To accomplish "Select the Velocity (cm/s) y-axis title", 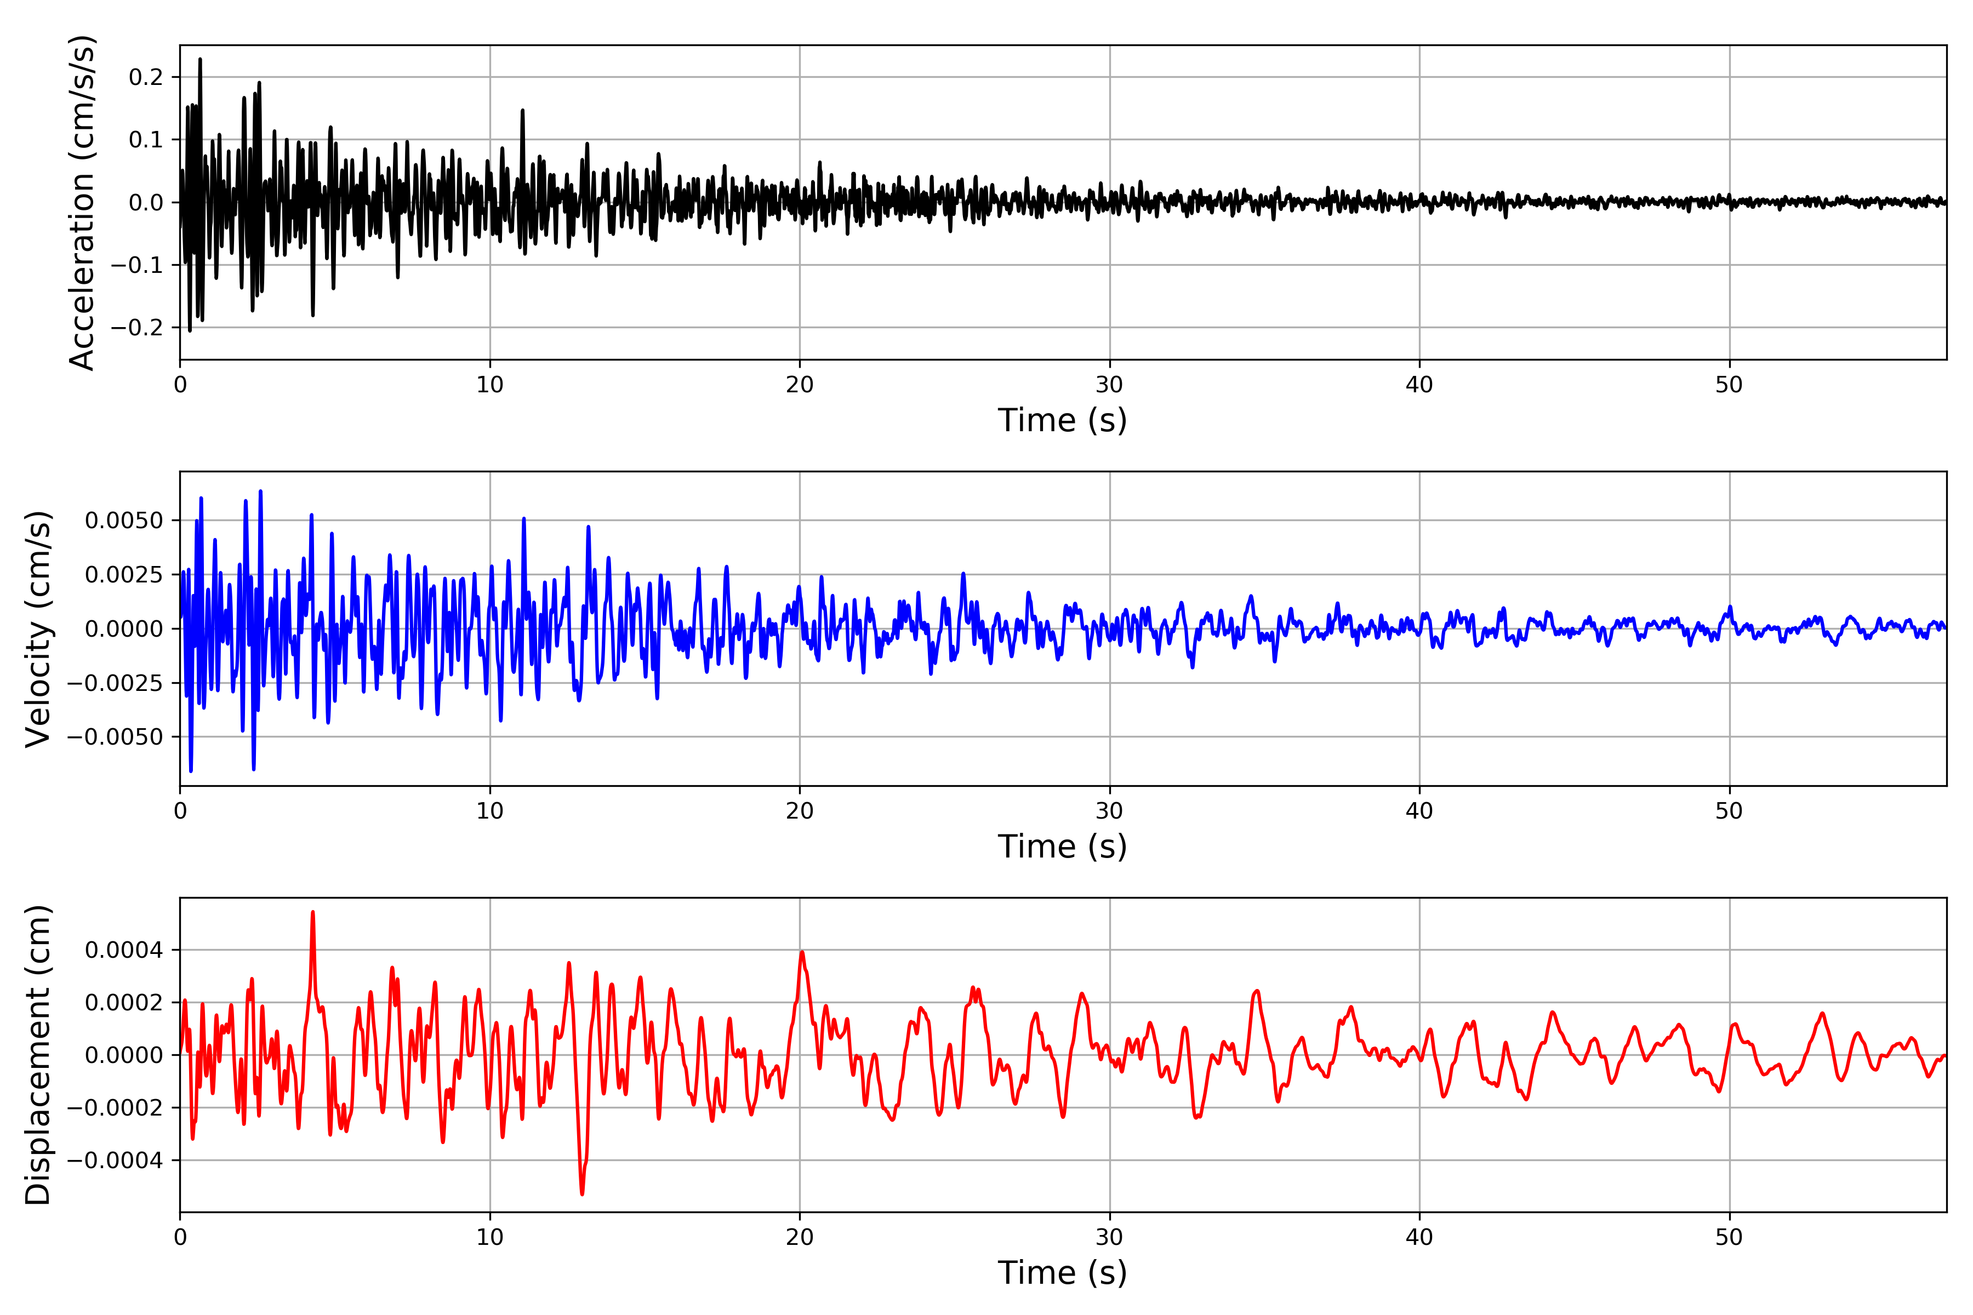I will [38, 628].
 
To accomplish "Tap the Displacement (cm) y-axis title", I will [38, 1054].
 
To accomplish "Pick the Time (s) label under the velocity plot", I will [1062, 846].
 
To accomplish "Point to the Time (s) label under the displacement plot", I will [1062, 1272].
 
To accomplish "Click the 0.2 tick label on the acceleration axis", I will [146, 77].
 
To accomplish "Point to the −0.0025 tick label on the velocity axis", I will [115, 683].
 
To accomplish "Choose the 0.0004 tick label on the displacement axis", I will [124, 950].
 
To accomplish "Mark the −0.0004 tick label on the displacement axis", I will [115, 1160].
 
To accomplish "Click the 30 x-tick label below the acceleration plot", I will [1109, 385].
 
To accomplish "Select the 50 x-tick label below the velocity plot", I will [1729, 811].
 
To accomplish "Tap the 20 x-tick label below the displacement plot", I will [800, 1237].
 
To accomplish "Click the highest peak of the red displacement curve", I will [313, 912].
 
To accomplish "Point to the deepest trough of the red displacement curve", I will [582, 1193].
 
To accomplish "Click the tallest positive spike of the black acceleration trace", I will [199, 60].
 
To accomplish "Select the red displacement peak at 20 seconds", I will [802, 953].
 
